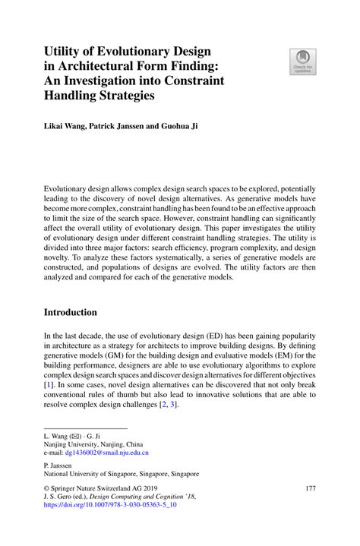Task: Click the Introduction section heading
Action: click(x=70, y=312)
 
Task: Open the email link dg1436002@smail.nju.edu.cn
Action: click(x=112, y=452)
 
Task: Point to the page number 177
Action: click(x=309, y=488)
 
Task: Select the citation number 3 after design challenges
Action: click(x=173, y=404)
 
